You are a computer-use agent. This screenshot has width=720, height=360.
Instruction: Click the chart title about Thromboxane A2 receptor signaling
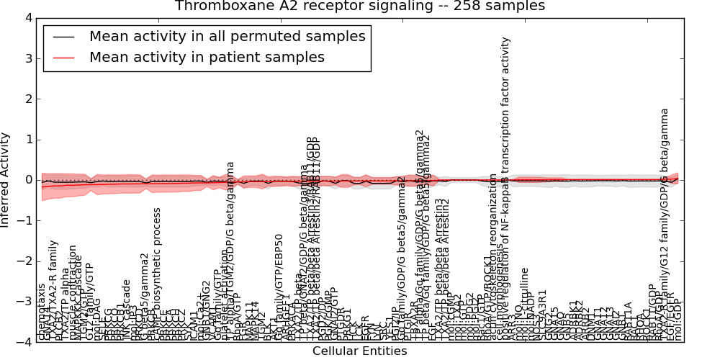point(360,6)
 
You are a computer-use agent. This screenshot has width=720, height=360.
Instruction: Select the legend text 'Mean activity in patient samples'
point(207,58)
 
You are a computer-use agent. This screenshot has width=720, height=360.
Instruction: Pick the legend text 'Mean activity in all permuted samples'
point(227,37)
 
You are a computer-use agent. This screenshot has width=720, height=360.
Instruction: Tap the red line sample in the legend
point(62,58)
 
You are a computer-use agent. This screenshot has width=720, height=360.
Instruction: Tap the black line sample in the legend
point(62,37)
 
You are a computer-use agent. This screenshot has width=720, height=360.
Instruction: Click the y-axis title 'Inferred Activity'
point(6,180)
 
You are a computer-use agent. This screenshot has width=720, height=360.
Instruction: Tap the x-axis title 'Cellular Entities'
point(359,351)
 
